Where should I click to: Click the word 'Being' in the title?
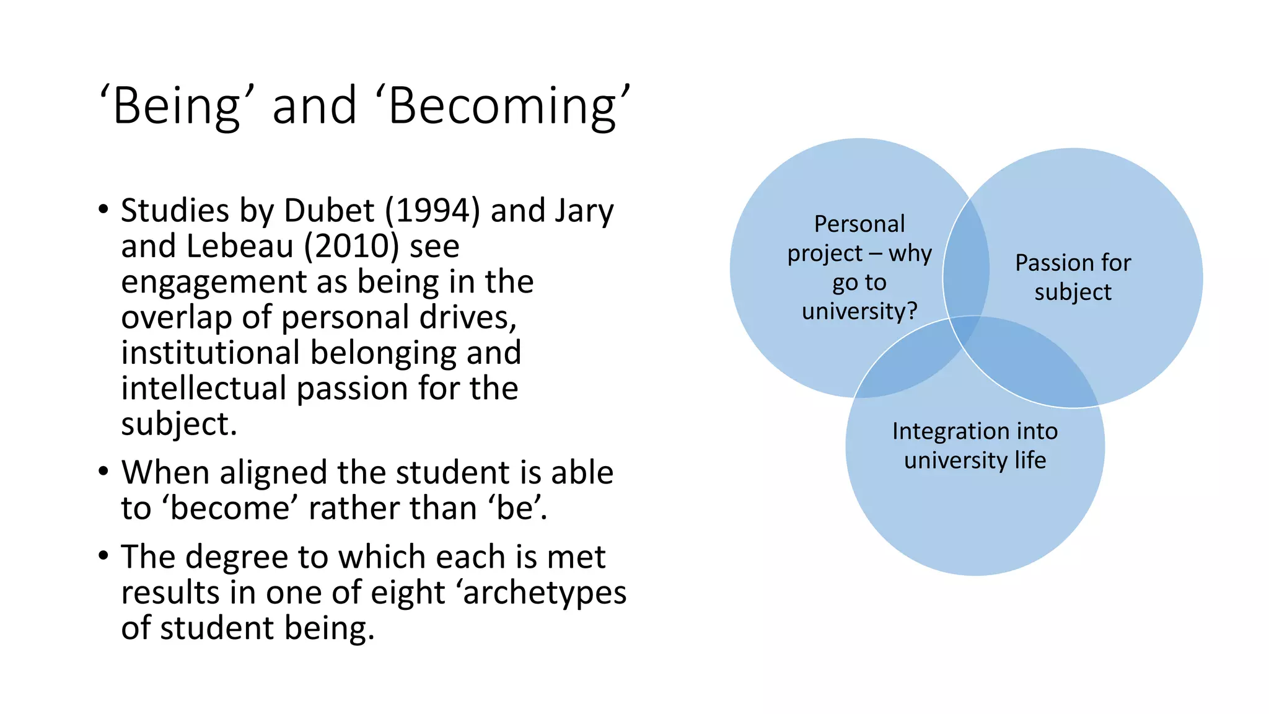pyautogui.click(x=177, y=107)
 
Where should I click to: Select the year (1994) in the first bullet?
pyautogui.click(x=433, y=211)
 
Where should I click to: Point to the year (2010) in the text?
pyautogui.click(x=351, y=246)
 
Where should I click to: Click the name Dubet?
pyautogui.click(x=329, y=211)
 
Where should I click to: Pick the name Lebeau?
pyautogui.click(x=240, y=246)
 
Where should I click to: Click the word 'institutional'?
pyautogui.click(x=210, y=353)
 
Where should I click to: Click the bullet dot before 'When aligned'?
pyautogui.click(x=103, y=471)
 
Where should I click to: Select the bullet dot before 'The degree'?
pyautogui.click(x=103, y=555)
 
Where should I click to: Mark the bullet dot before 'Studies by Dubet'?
pyautogui.click(x=103, y=209)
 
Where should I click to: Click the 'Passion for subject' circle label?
pyautogui.click(x=1073, y=277)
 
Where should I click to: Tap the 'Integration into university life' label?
pyautogui.click(x=975, y=446)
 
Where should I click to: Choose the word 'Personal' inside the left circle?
pyautogui.click(x=859, y=224)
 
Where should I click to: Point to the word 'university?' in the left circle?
pyautogui.click(x=859, y=311)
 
